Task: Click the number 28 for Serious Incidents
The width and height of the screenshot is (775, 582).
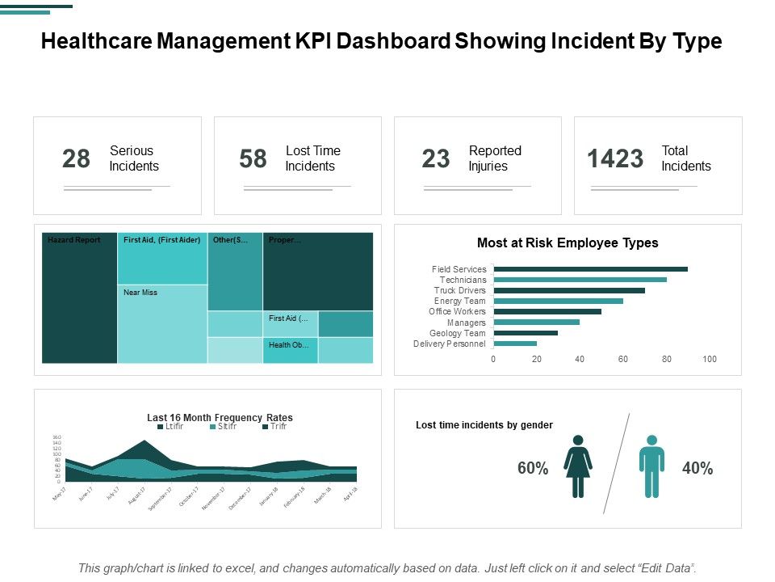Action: (x=77, y=159)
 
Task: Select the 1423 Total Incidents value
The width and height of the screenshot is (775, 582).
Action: (x=615, y=159)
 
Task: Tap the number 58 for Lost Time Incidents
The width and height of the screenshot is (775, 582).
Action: (x=253, y=159)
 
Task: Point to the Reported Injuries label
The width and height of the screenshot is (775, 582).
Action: (x=495, y=158)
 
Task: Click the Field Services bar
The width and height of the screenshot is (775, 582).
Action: (x=590, y=269)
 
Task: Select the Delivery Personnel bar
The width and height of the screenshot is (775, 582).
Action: (x=515, y=344)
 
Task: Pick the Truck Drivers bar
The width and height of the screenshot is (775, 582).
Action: (x=569, y=290)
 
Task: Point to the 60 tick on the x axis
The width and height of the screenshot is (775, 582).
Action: (x=623, y=359)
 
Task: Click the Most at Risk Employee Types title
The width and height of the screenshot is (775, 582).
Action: (x=568, y=242)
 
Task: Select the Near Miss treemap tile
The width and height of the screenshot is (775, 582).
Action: (x=162, y=323)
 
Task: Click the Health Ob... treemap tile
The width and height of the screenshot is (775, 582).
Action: (x=291, y=350)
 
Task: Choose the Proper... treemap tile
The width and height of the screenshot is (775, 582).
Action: (x=318, y=272)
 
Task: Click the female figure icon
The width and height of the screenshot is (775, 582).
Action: (x=578, y=467)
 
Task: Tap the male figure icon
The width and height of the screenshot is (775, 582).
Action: (x=651, y=467)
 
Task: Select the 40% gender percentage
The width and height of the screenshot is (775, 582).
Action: (x=697, y=468)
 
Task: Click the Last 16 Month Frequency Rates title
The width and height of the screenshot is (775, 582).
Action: (x=220, y=418)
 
